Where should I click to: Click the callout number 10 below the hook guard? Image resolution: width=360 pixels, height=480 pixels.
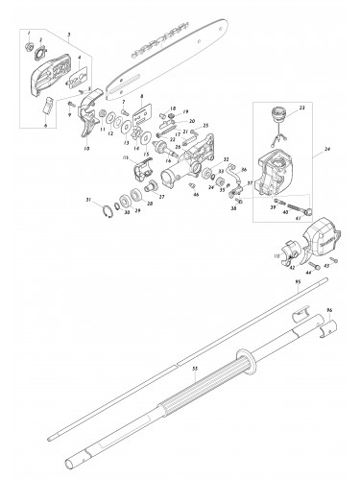(x=87, y=149)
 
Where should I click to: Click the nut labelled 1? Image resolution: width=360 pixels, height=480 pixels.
(x=30, y=50)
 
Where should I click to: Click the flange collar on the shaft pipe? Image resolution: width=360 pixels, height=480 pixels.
(x=253, y=362)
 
